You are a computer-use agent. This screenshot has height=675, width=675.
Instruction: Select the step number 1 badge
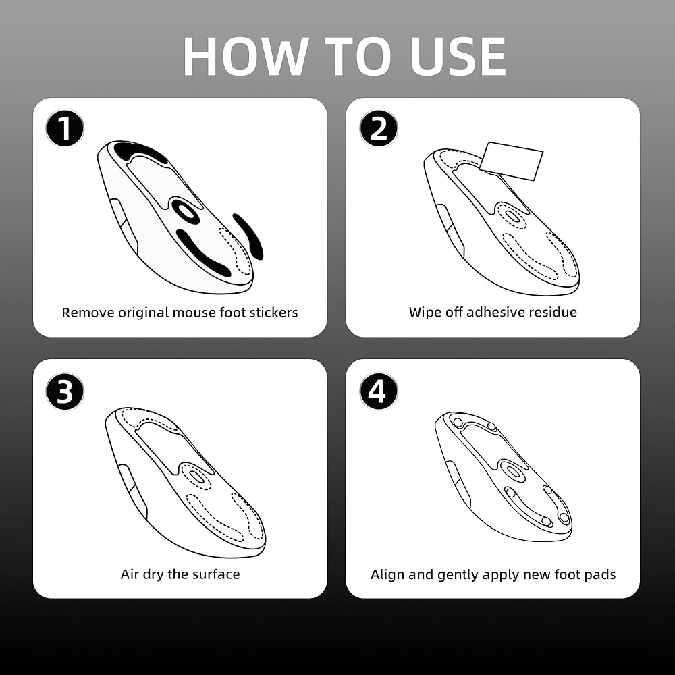65,128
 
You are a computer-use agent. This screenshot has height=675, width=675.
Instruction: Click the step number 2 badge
379,128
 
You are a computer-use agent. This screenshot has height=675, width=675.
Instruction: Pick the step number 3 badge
65,391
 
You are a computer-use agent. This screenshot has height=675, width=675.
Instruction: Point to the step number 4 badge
379,391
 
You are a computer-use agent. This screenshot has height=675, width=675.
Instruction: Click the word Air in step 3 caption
130,574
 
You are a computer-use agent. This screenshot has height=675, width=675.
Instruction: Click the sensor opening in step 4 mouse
512,470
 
